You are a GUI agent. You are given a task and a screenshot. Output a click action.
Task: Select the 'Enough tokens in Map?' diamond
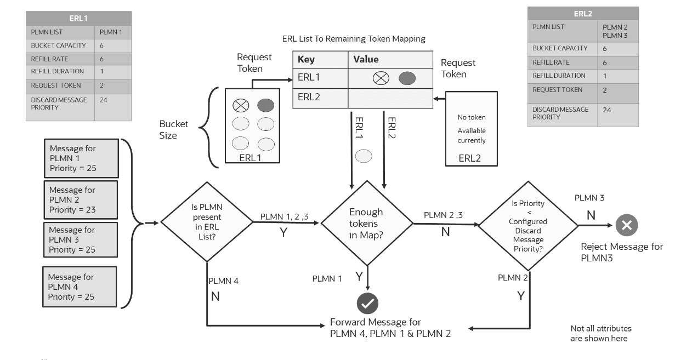pos(366,222)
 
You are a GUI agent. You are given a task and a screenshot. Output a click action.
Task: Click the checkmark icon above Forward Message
pos(367,303)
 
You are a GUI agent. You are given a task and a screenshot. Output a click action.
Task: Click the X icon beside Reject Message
pos(626,224)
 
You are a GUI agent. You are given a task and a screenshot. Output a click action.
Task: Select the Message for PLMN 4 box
pos(80,287)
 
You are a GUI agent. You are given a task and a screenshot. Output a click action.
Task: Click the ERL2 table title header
pos(582,14)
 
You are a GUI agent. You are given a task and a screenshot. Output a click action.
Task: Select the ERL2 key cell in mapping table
pos(320,98)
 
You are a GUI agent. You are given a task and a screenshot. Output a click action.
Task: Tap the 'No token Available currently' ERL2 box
pos(472,129)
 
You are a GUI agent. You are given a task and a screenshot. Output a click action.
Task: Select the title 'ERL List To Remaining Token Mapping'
pos(354,39)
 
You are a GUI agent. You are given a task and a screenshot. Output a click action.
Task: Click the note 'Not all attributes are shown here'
pos(601,333)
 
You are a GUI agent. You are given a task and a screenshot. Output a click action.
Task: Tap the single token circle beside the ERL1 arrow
pos(364,156)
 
